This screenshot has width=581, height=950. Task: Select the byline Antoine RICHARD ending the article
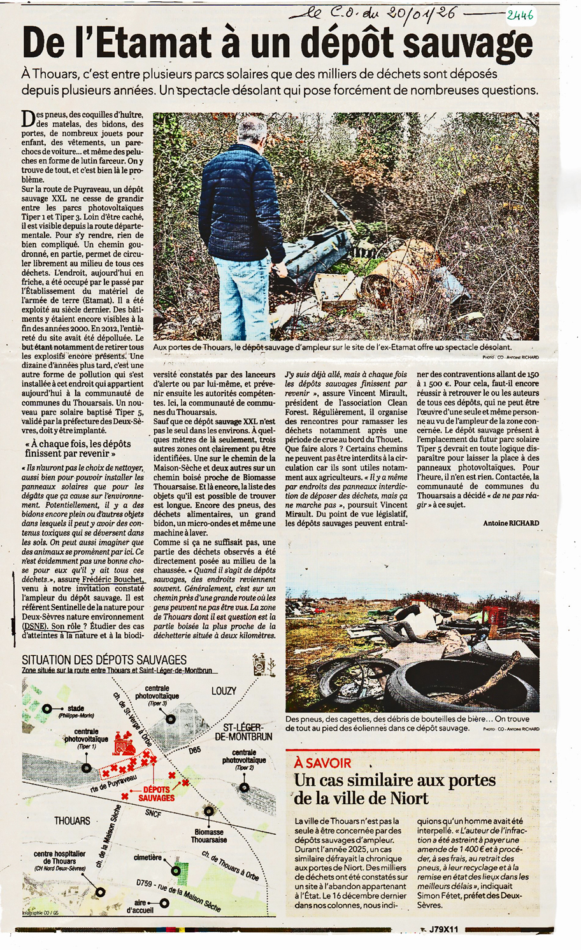coord(511,523)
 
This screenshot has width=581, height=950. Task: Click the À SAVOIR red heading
coord(323,763)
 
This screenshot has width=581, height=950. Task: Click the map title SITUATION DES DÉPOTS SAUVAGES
coord(104,660)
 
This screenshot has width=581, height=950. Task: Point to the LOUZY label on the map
coord(224,691)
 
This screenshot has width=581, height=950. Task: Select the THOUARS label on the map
coord(72,821)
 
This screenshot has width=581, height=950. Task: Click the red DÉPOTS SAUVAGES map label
coord(156,793)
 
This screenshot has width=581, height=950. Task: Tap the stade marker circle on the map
coord(47,709)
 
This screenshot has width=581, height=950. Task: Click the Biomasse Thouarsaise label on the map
coord(209,836)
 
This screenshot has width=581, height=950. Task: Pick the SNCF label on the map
coord(153,813)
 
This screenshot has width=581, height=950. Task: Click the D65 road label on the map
coord(194,750)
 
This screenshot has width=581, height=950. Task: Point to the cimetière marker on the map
coord(176,870)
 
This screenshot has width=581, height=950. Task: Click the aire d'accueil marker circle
coord(164,903)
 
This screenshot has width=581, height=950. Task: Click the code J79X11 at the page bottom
coord(443,930)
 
